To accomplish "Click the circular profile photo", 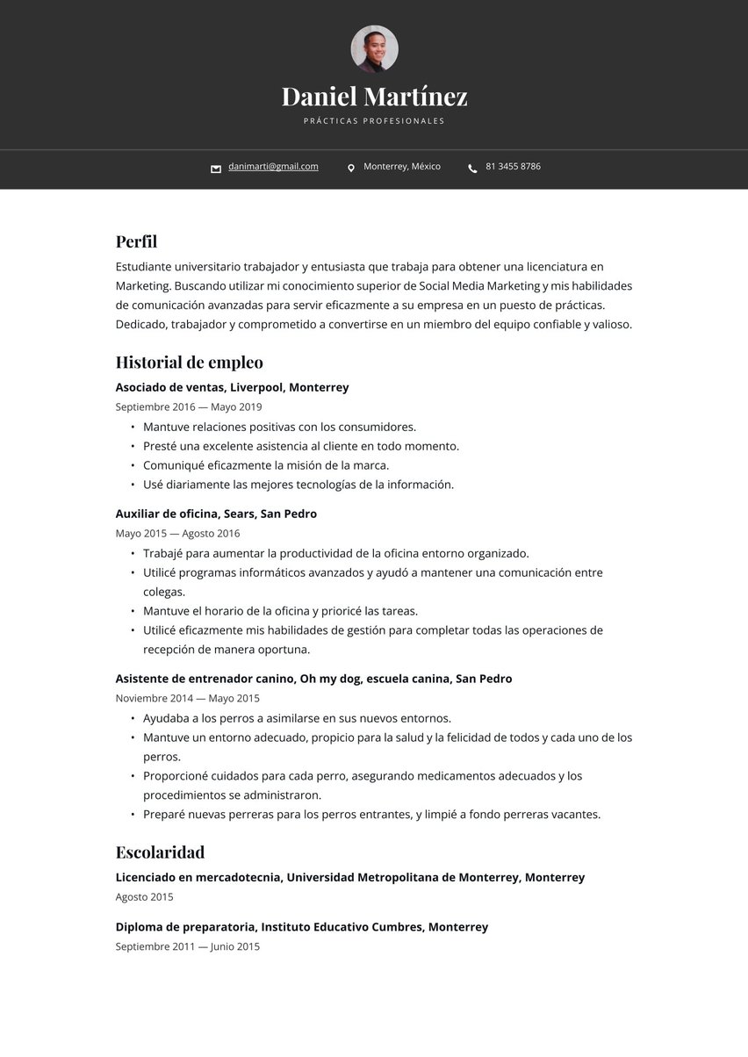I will click(x=374, y=49).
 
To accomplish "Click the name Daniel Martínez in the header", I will click(x=374, y=96).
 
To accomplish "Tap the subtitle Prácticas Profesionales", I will click(x=374, y=121).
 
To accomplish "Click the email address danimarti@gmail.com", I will click(x=273, y=167).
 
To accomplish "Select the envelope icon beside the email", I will click(x=216, y=169).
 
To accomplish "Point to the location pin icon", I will click(x=351, y=168).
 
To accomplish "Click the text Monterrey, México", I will click(x=402, y=167).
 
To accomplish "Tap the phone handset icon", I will click(x=472, y=168).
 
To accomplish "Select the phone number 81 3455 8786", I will click(x=513, y=167).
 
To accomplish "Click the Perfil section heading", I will click(x=136, y=241).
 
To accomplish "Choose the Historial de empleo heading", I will click(x=189, y=363).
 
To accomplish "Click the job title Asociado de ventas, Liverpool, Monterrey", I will click(x=232, y=387).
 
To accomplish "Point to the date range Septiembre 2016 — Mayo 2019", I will click(x=188, y=407).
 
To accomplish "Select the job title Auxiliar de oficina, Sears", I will click(x=216, y=514).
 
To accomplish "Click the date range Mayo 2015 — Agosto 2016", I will click(x=177, y=534).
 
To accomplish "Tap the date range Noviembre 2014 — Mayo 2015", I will click(x=187, y=699).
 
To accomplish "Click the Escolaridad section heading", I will click(x=160, y=852).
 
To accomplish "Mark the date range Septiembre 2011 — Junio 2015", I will click(x=187, y=947).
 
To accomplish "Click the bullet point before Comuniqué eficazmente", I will click(x=133, y=466).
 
